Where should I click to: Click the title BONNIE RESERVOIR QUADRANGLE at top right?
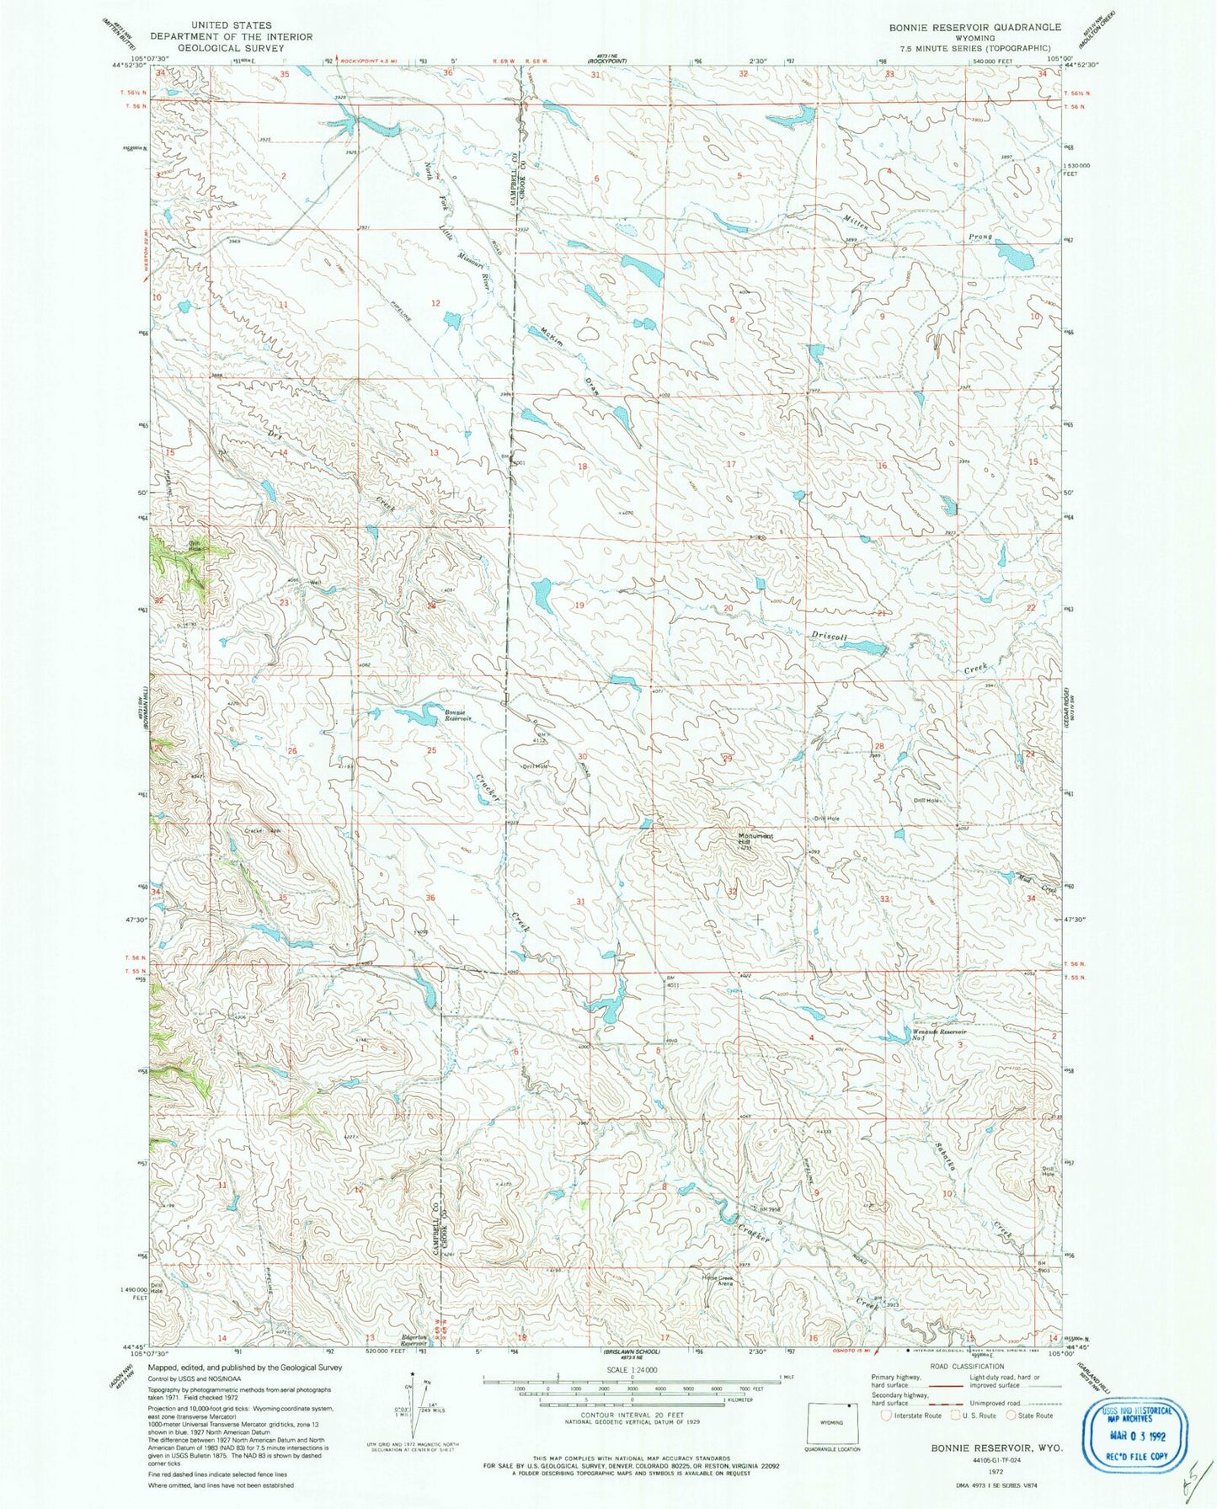[974, 27]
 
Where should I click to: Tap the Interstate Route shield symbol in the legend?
[884, 1416]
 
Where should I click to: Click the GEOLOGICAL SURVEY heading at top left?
[231, 48]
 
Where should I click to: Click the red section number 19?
[579, 606]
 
